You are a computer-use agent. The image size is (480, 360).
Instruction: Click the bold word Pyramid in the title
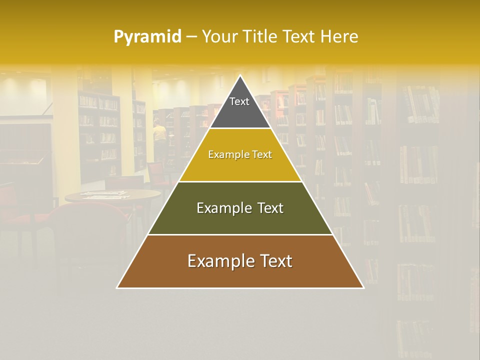tap(147, 37)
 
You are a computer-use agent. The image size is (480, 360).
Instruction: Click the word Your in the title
tap(219, 37)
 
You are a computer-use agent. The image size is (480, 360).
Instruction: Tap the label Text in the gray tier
tap(239, 101)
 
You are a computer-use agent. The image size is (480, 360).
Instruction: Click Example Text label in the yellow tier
tap(240, 154)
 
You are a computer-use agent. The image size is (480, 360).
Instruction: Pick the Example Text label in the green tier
tap(240, 208)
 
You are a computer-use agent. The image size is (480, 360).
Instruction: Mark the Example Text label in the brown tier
tap(240, 261)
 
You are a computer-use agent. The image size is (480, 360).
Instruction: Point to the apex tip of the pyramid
tap(240, 76)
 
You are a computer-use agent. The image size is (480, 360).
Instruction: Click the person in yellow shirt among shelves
tap(159, 132)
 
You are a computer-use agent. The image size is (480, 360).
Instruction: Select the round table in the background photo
tap(112, 195)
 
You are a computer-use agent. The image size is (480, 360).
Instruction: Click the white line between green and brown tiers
tap(240, 234)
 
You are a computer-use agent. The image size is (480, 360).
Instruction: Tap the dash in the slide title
tap(191, 37)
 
